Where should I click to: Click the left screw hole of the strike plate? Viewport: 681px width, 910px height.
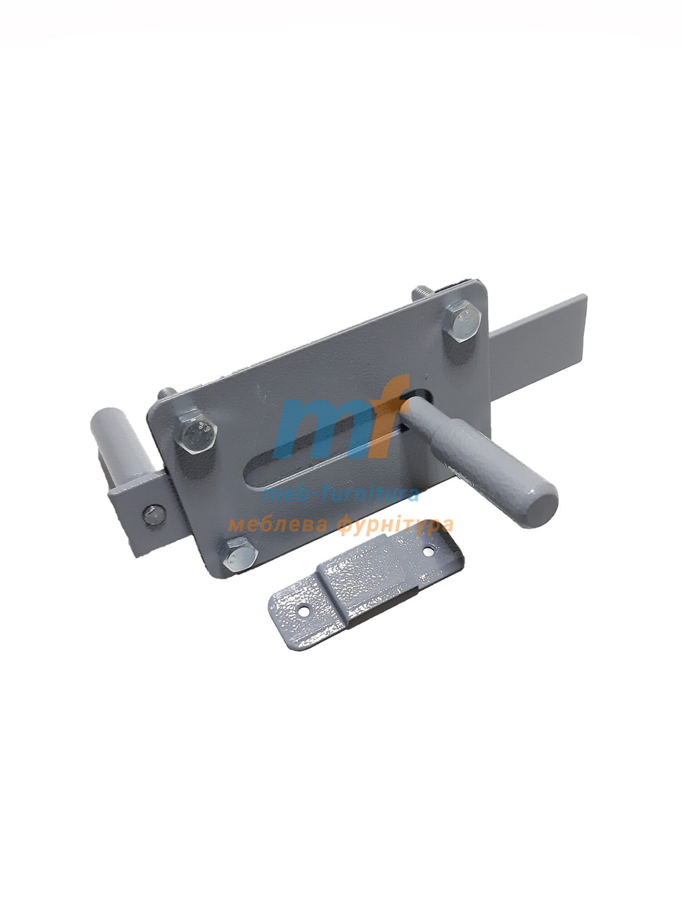click(x=303, y=612)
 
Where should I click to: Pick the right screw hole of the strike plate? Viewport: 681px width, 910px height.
click(x=427, y=551)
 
